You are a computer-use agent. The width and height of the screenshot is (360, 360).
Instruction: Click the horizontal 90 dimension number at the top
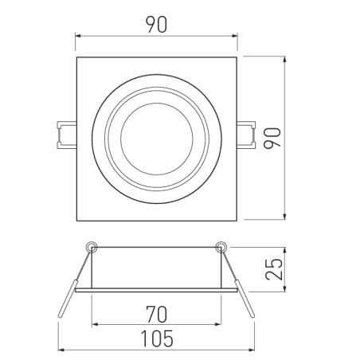coord(157,25)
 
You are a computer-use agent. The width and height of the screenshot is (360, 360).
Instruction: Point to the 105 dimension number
coord(157,339)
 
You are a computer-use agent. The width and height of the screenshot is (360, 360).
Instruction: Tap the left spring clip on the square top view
coord(65,135)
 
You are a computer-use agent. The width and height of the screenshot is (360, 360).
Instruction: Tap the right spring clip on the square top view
coord(248,135)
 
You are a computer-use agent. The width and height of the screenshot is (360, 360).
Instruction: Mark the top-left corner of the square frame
coord(76,57)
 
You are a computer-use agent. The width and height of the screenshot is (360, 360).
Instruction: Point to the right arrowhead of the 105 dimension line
coord(253,350)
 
